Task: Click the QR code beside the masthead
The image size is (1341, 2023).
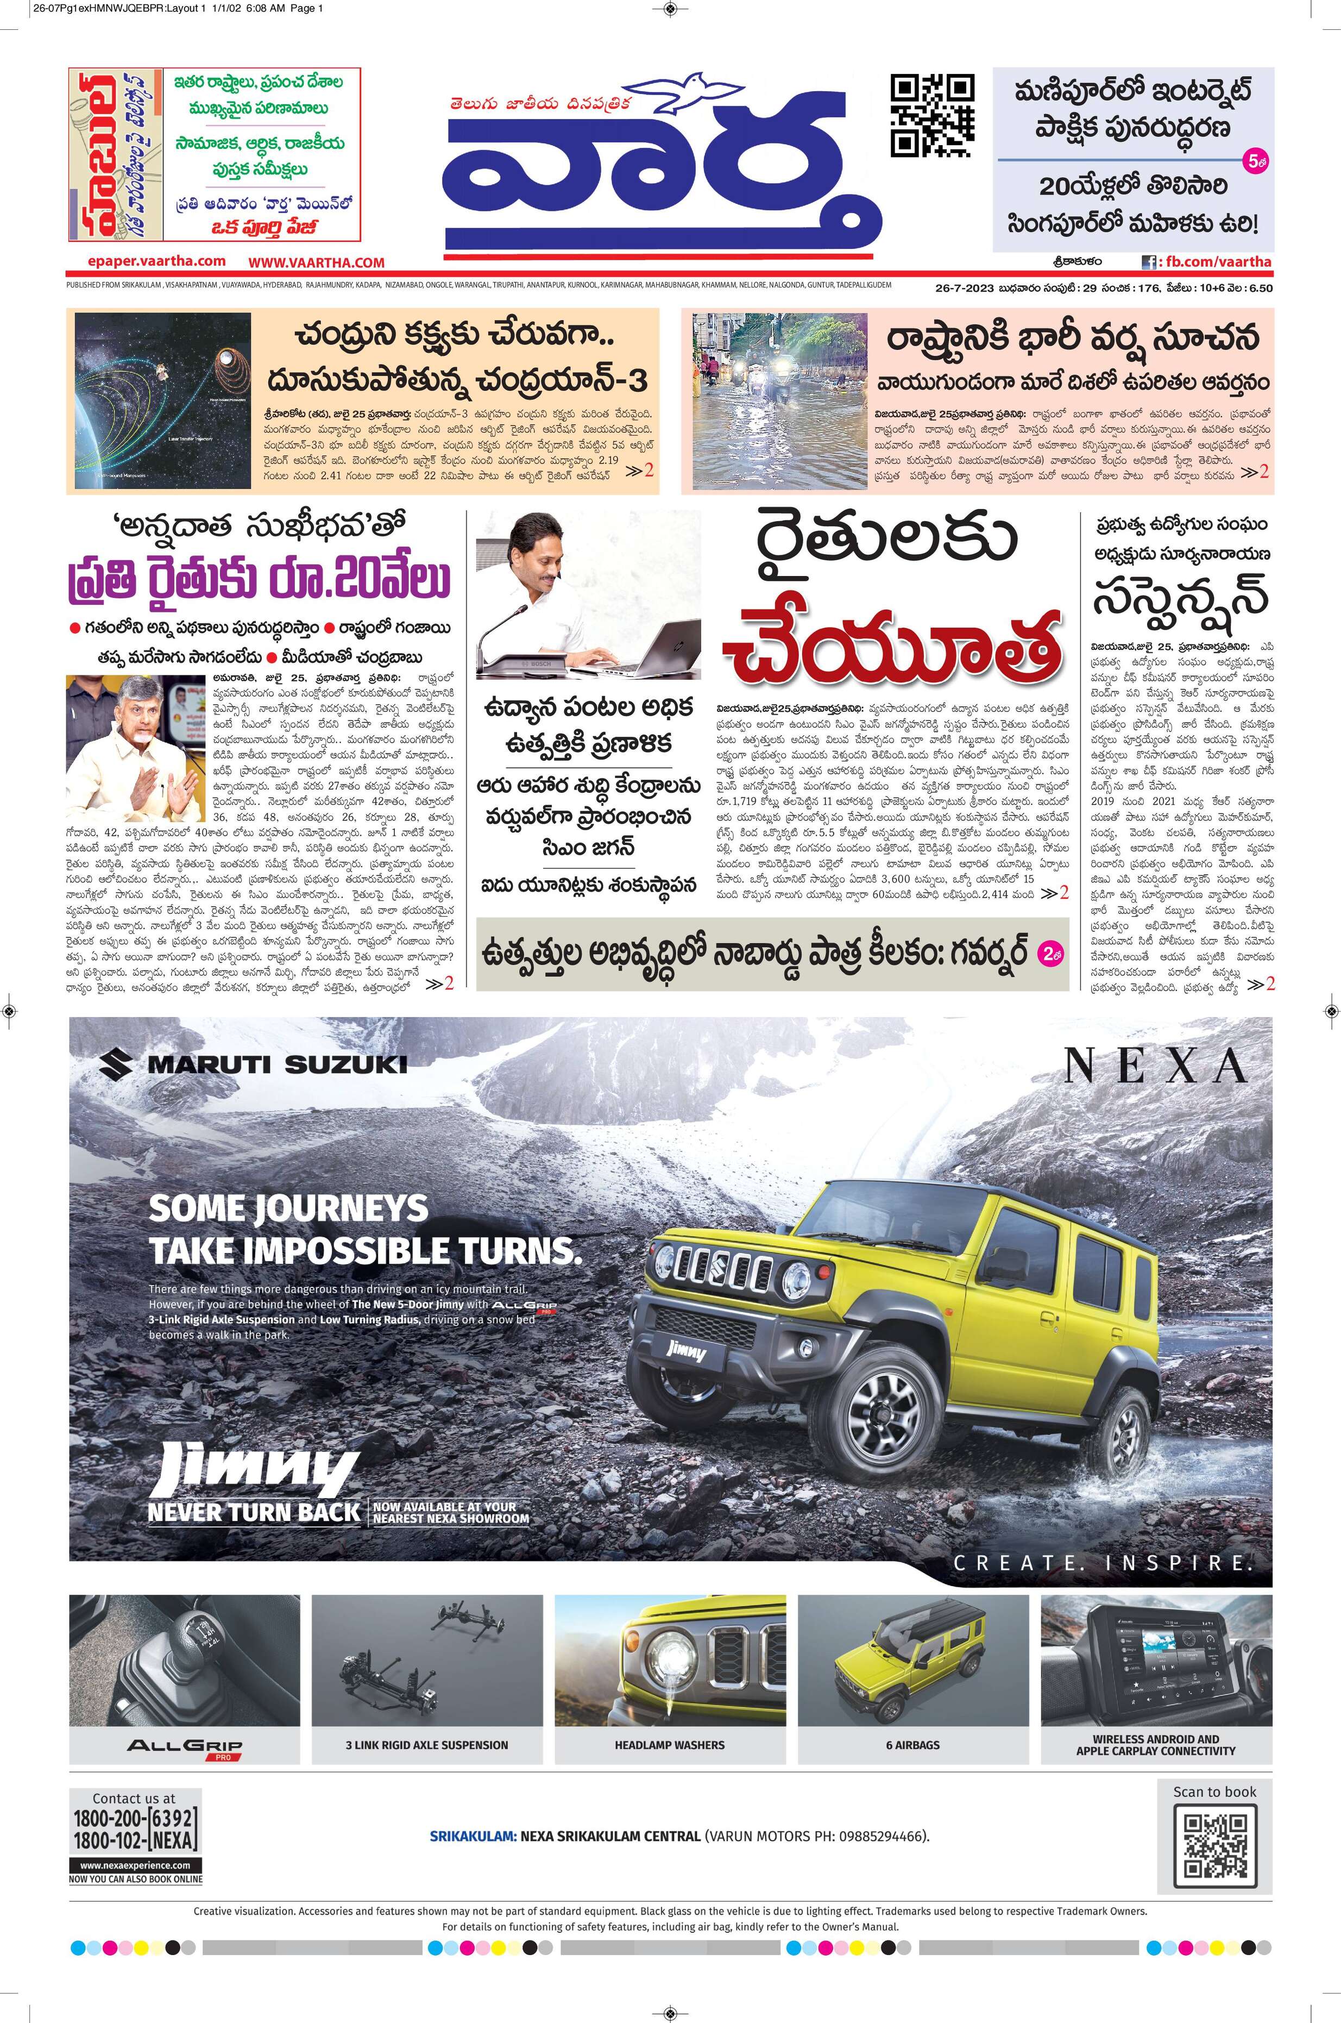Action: point(932,116)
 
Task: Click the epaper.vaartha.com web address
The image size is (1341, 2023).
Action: point(156,262)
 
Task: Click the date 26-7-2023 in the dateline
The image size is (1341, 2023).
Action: point(964,289)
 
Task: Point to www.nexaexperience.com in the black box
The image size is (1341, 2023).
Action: point(135,1864)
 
